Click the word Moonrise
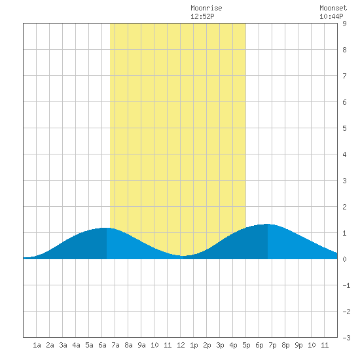(206, 9)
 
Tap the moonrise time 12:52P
(202, 16)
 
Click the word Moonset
(333, 9)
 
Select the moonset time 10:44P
(331, 16)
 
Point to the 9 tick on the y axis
(344, 24)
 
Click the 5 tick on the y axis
(344, 128)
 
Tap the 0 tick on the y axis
(344, 259)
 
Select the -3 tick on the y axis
(346, 338)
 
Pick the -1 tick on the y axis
(346, 285)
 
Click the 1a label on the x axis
(37, 345)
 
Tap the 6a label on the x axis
(102, 345)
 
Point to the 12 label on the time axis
(181, 345)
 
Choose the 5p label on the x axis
(246, 345)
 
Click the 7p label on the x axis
(272, 345)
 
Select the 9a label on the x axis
(141, 345)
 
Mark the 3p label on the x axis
(220, 345)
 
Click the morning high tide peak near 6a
(107, 228)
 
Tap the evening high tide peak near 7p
(267, 224)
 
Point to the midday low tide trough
(183, 255)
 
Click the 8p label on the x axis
(285, 345)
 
